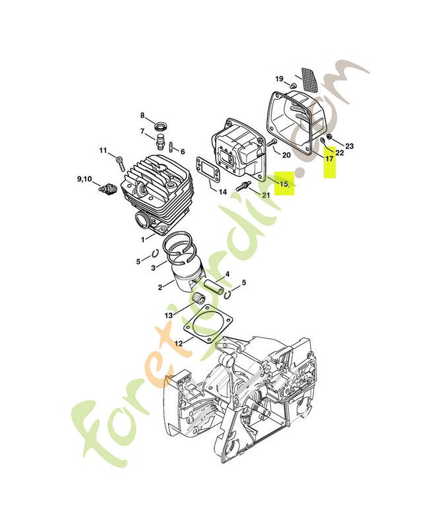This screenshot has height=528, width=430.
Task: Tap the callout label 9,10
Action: pyautogui.click(x=84, y=179)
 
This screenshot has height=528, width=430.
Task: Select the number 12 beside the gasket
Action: pyautogui.click(x=178, y=343)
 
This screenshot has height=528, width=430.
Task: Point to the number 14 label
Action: pyautogui.click(x=223, y=192)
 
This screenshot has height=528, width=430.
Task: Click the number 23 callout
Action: pyautogui.click(x=350, y=146)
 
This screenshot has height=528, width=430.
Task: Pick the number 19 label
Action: pyautogui.click(x=279, y=79)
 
